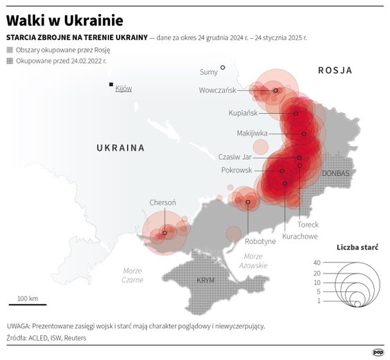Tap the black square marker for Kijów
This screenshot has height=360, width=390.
click(111, 84)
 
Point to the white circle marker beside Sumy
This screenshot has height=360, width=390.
click(223, 68)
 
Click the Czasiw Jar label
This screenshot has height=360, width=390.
click(234, 156)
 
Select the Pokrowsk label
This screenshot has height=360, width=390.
click(236, 170)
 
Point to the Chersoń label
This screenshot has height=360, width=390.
click(162, 202)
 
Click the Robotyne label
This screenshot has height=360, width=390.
click(260, 241)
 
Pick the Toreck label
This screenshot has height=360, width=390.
click(308, 224)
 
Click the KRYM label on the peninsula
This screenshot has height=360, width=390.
click(205, 280)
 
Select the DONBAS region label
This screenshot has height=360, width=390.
click(336, 172)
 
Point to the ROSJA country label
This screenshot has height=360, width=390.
click(335, 71)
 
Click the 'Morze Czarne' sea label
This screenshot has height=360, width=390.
click(132, 275)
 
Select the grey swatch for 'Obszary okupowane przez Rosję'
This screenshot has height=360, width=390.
click(8, 51)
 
